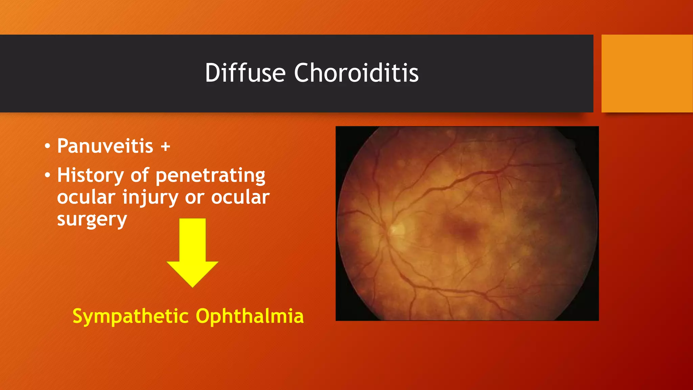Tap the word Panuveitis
click(x=105, y=146)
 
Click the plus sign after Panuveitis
click(x=165, y=147)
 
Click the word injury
click(x=150, y=198)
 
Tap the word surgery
click(x=92, y=219)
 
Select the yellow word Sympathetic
click(x=131, y=317)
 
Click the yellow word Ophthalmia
click(x=250, y=316)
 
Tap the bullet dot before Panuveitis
click(x=47, y=147)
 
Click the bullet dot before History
click(x=47, y=175)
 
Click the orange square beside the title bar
click(x=647, y=73)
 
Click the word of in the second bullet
click(x=140, y=175)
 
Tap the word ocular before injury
click(x=86, y=198)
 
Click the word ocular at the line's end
click(x=240, y=198)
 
